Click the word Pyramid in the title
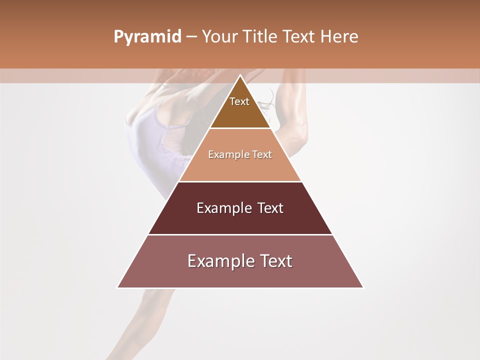click(x=147, y=37)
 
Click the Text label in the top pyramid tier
click(x=239, y=101)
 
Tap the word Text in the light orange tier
click(x=262, y=154)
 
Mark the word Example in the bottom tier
click(x=218, y=261)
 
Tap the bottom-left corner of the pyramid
click(x=118, y=287)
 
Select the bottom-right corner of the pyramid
click(x=363, y=287)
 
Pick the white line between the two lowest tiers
click(x=240, y=234)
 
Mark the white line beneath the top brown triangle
click(x=240, y=128)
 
